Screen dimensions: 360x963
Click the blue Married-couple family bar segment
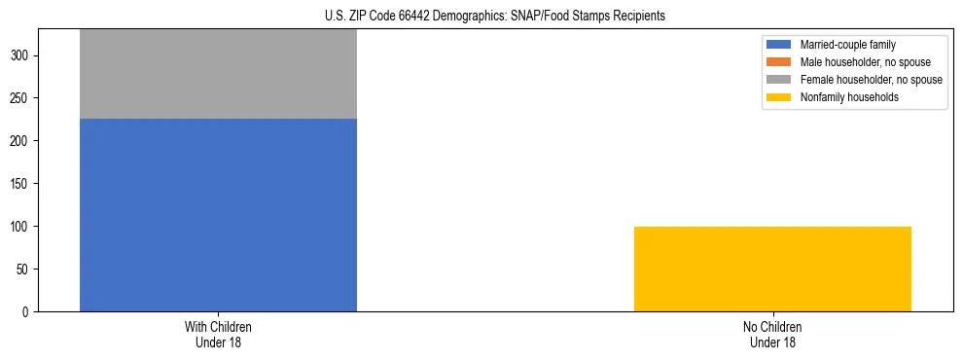click(x=218, y=215)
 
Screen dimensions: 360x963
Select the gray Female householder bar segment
click(x=218, y=74)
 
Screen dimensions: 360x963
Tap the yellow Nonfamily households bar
click(x=772, y=269)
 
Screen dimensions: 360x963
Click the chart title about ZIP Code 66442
click(x=495, y=17)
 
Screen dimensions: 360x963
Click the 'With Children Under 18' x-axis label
click(x=218, y=334)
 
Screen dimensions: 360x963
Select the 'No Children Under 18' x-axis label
click(x=772, y=334)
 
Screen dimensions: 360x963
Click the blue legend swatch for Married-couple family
click(x=779, y=45)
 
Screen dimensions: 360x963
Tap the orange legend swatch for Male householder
click(x=779, y=62)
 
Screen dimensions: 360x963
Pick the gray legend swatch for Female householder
click(x=779, y=80)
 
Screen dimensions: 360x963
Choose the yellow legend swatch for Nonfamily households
click(x=779, y=97)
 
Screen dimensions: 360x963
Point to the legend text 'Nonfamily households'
click(x=849, y=97)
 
